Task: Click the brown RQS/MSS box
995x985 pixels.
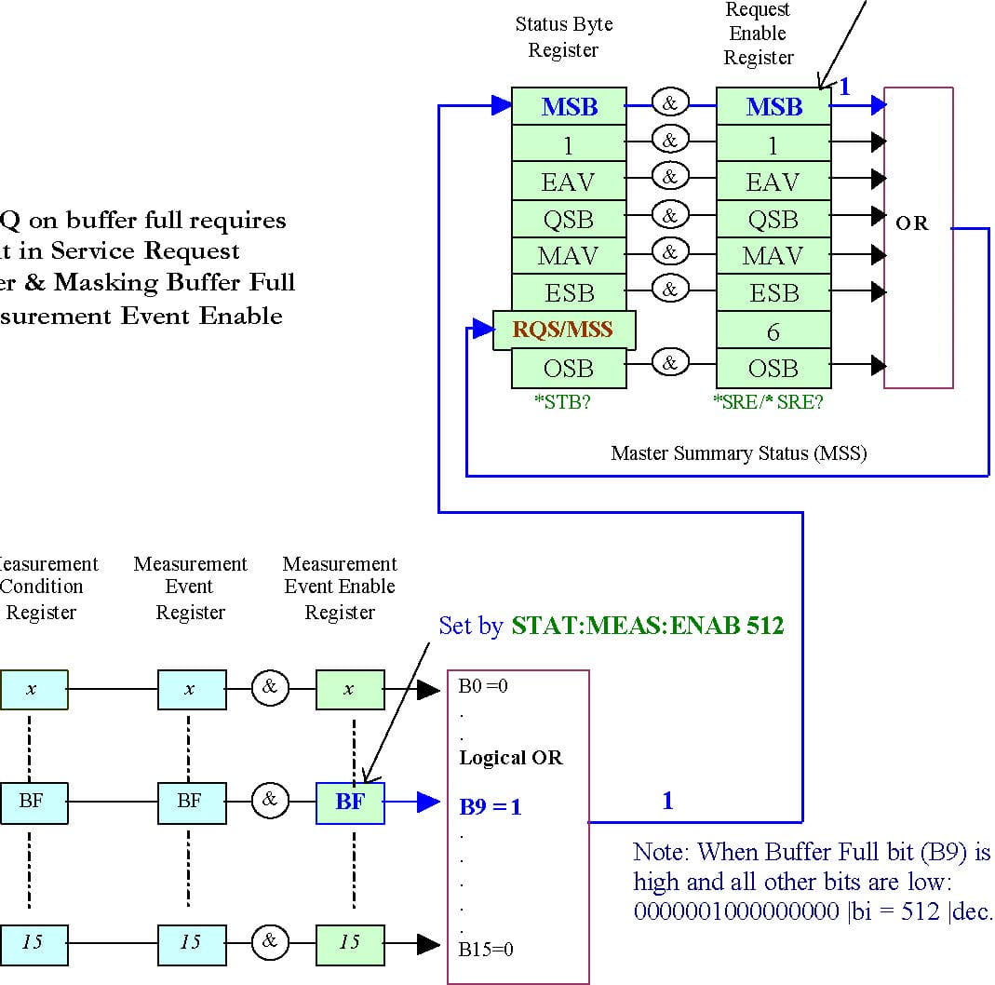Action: [564, 330]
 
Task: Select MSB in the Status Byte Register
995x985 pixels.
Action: [569, 107]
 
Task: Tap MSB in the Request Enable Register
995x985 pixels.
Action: [773, 107]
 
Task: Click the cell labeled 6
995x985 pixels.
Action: [773, 331]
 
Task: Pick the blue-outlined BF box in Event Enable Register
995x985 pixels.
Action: [350, 801]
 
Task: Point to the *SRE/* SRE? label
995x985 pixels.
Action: [768, 403]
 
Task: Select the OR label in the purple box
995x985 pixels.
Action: [911, 223]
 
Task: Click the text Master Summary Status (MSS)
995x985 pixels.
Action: [738, 453]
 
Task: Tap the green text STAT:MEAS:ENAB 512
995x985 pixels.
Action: [647, 626]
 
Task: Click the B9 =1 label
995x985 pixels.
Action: [491, 806]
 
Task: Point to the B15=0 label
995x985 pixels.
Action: [486, 950]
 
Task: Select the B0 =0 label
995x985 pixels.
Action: [483, 687]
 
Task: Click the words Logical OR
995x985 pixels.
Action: [511, 757]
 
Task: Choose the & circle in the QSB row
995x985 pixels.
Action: [668, 215]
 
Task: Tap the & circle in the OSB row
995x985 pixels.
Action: [668, 362]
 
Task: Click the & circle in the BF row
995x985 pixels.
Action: [269, 800]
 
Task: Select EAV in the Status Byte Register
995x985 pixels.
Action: [569, 182]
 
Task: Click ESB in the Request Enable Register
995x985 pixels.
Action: [773, 293]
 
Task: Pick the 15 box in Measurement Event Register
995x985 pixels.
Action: [191, 942]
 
